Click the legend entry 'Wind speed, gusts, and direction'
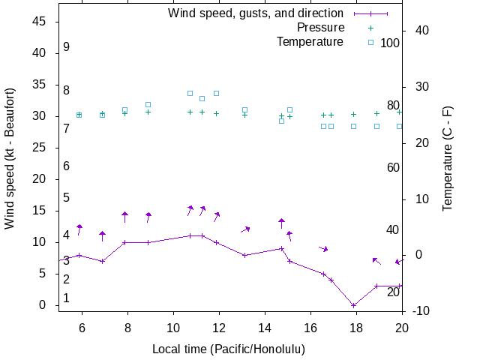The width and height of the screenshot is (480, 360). point(256,13)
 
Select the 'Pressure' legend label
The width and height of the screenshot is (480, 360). point(320,27)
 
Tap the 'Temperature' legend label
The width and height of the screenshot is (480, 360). point(310,41)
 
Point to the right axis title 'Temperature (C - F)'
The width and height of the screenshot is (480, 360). point(447,157)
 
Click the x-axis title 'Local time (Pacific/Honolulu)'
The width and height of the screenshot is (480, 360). point(229,349)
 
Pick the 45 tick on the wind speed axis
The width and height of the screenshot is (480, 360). point(40,22)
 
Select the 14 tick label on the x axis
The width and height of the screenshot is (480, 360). point(265,327)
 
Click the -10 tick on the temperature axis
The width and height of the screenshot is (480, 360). point(420,311)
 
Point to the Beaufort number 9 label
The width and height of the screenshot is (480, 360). point(67,46)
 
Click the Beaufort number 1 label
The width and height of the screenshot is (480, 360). point(67,298)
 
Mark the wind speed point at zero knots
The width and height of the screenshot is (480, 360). point(353,305)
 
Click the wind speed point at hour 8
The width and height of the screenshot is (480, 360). point(124,242)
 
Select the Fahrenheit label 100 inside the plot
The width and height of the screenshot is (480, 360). point(390,43)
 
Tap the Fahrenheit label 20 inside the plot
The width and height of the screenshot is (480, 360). point(393,292)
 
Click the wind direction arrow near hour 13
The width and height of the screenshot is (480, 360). point(245,229)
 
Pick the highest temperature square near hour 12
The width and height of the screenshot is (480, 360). point(216,93)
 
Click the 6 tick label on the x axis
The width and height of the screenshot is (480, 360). point(82,327)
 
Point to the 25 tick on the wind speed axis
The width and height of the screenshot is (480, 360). point(40,148)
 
